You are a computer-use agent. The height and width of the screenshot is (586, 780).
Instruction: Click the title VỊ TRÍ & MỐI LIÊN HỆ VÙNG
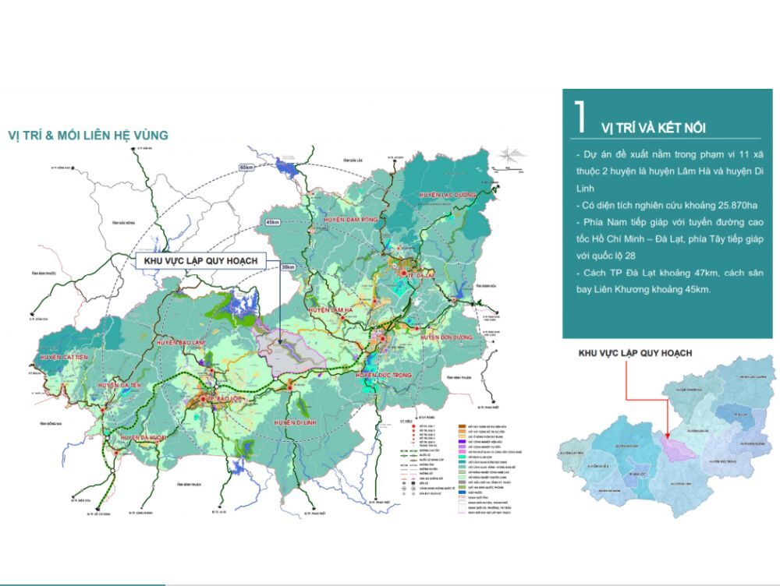(x=87, y=136)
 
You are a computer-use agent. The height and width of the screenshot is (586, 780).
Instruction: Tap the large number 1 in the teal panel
(x=580, y=118)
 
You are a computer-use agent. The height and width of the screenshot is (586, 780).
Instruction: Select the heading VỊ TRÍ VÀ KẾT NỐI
(x=654, y=128)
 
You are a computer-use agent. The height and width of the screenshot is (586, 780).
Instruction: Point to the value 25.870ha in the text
(x=729, y=205)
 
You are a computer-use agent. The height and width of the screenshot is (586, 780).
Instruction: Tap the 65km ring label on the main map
(x=247, y=168)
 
